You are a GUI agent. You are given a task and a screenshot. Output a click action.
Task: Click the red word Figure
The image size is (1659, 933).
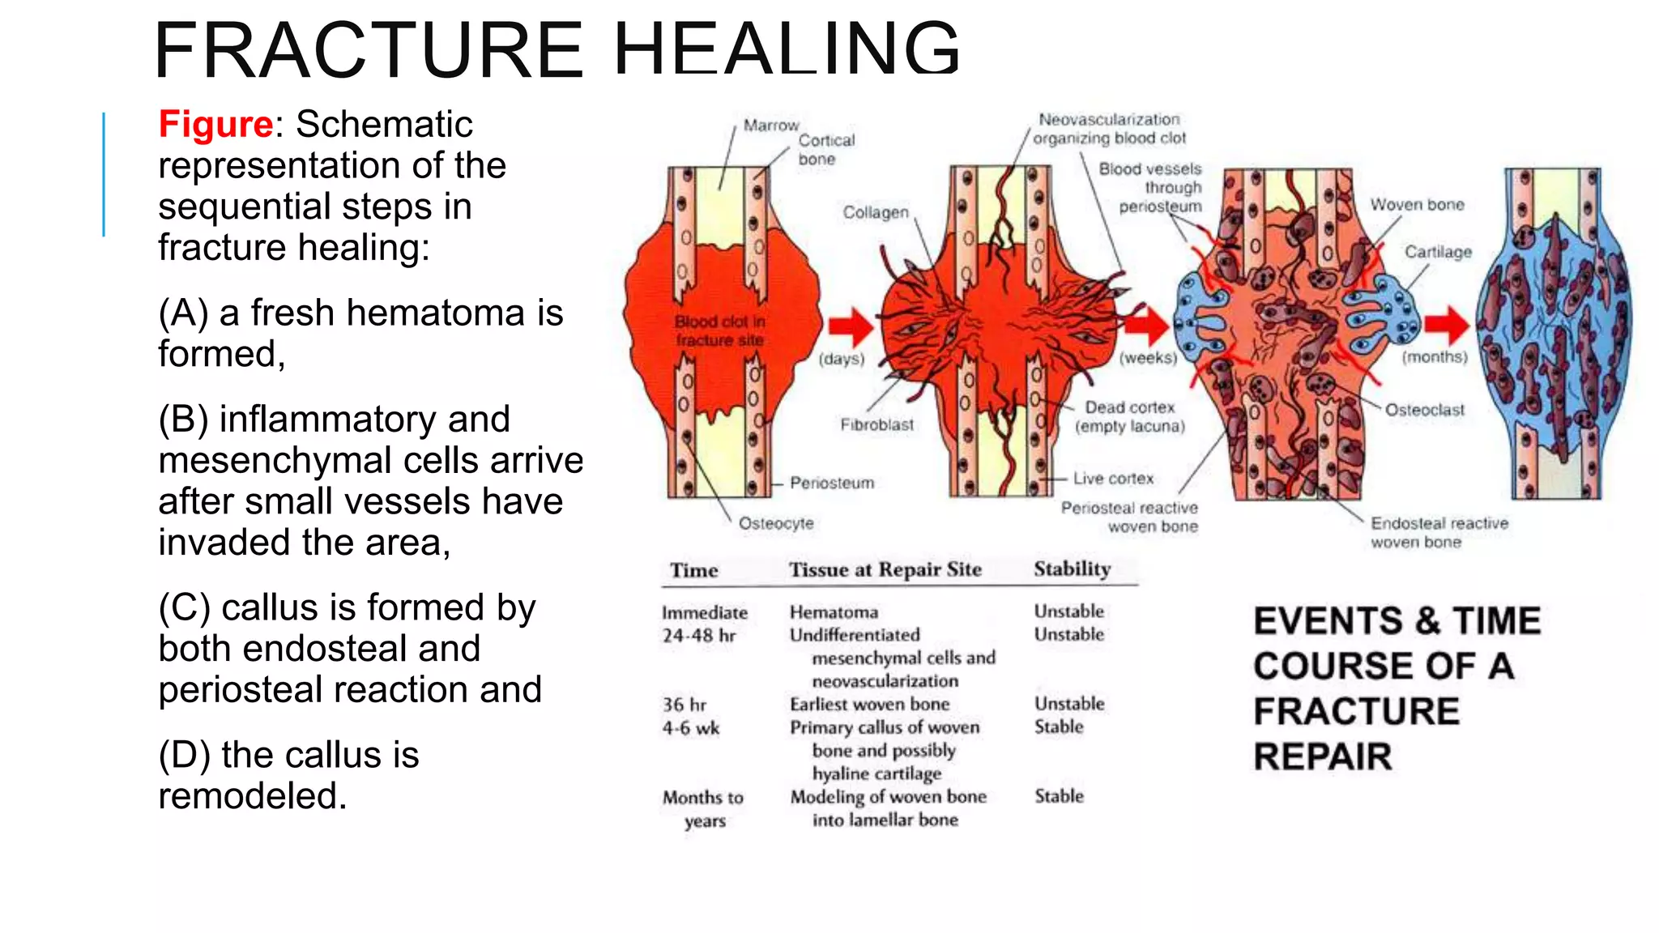pos(215,125)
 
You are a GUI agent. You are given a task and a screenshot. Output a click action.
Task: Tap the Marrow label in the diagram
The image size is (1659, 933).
pos(770,126)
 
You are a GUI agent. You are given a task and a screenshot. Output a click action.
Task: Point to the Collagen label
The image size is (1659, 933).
pos(875,212)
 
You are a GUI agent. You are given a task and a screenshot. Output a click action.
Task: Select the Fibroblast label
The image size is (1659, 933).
pos(876,424)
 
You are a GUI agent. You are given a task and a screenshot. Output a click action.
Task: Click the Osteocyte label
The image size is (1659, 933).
pos(775,523)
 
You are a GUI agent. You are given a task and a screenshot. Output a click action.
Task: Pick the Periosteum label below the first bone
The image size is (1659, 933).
pos(832,483)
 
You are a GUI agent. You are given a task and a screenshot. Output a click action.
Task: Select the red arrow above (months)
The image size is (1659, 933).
pos(1447,324)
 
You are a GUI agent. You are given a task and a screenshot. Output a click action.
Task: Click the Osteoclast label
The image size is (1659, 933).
pos(1424,410)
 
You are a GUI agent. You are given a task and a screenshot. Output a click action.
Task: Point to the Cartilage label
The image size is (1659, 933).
pos(1438,252)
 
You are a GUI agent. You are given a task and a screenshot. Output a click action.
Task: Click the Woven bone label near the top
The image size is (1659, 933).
pos(1417,205)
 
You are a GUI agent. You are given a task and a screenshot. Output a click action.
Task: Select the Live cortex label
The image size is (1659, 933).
pos(1113,479)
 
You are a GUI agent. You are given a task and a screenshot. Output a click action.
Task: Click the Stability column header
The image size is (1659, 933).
pos(1072,569)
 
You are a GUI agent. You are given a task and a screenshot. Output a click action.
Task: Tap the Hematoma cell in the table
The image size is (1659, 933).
pos(834,612)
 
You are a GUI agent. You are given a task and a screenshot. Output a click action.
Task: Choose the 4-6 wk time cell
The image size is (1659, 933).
pos(690,727)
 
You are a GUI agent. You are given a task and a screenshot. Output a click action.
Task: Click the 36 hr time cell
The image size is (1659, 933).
pos(684,705)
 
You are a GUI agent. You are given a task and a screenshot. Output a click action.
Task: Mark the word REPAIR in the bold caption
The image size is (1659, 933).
pos(1322,756)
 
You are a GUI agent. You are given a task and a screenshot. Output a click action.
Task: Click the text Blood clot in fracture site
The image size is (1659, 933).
pos(719,330)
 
